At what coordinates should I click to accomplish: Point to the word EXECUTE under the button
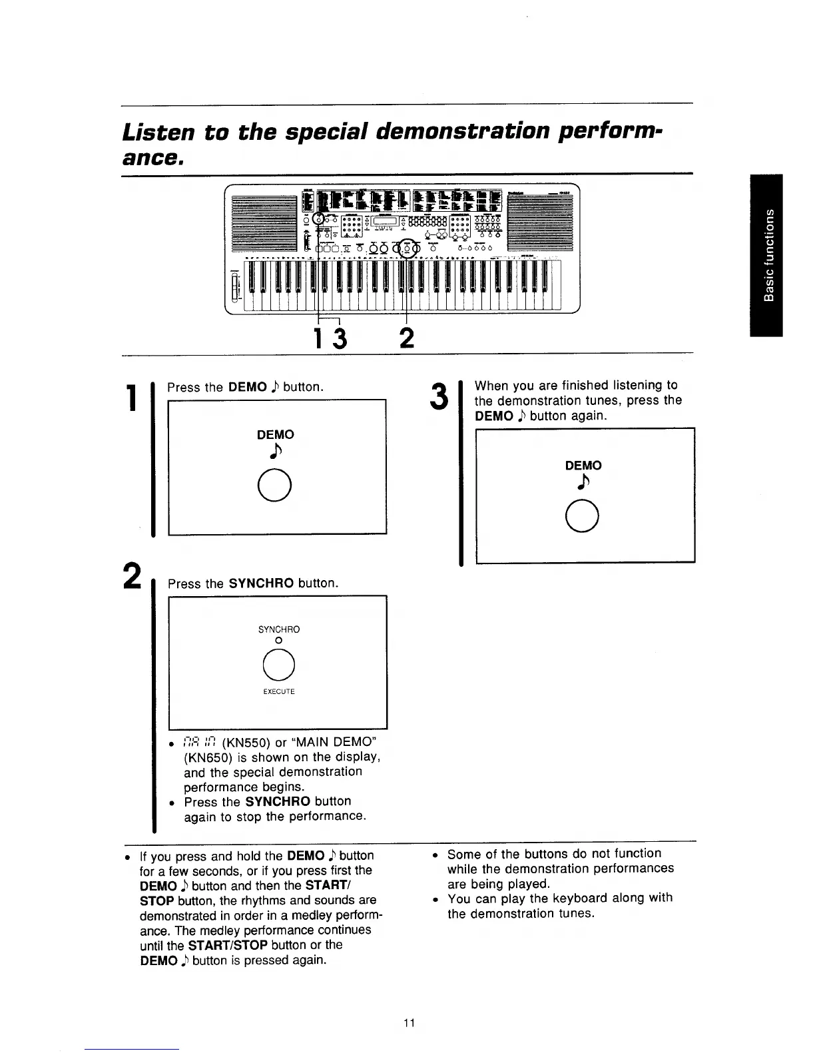278,691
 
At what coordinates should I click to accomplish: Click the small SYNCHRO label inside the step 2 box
278,629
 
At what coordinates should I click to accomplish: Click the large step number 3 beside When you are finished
437,397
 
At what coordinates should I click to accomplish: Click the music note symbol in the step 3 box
583,484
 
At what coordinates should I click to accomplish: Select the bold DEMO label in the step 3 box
583,466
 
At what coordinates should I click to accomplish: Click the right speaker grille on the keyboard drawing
539,224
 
